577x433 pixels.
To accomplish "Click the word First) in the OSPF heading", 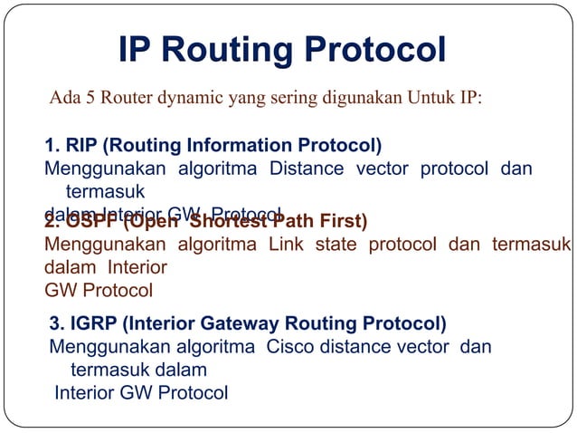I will coord(341,222).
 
